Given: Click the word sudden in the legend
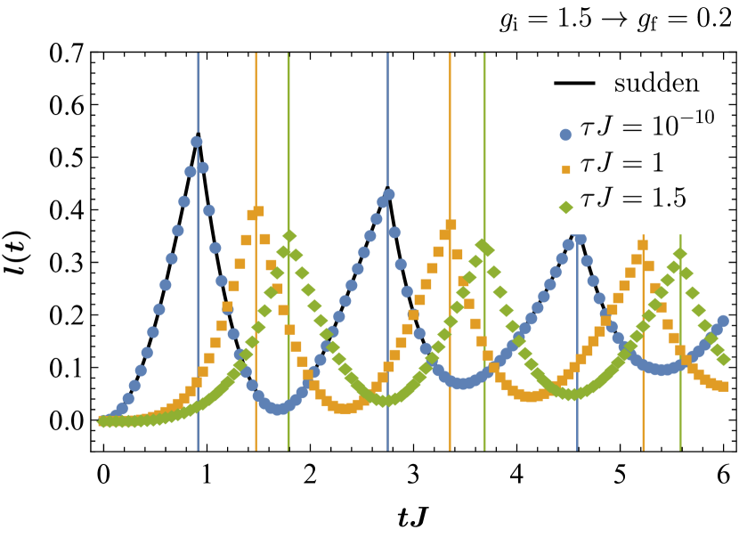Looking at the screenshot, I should (656, 85).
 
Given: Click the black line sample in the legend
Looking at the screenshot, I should (574, 85).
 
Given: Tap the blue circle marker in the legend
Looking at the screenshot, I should (564, 135).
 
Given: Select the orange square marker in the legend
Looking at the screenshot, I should (564, 168).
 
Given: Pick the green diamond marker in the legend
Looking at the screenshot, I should (564, 208).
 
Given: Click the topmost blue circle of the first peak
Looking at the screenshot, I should (196, 142).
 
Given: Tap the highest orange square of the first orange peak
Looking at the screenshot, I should (258, 212).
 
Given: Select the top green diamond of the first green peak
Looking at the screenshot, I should (289, 236).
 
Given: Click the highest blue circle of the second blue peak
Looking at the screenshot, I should (389, 194).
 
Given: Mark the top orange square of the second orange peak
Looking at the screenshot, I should (451, 224).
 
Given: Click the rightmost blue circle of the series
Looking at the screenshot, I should (723, 321).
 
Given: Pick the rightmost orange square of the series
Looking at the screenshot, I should (724, 387).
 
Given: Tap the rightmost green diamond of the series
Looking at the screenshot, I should (725, 360).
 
